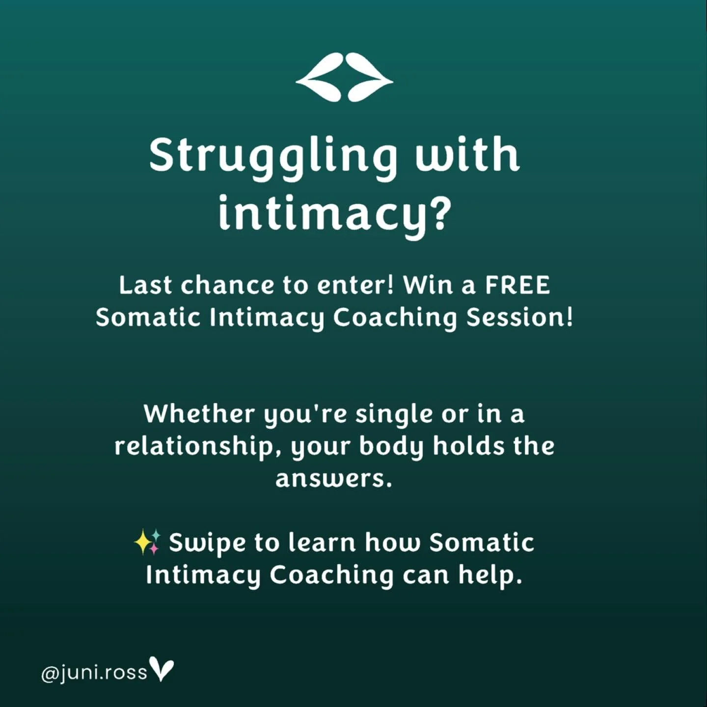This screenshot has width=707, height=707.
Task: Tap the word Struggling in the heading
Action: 273,156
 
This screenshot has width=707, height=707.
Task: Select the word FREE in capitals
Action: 517,285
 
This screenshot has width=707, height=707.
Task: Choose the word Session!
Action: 519,317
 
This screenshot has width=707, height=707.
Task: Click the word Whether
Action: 199,414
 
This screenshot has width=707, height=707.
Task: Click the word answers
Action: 334,479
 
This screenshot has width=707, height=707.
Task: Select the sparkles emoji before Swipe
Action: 147,542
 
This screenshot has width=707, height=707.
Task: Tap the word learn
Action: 322,543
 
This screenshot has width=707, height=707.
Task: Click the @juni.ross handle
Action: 94,672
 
